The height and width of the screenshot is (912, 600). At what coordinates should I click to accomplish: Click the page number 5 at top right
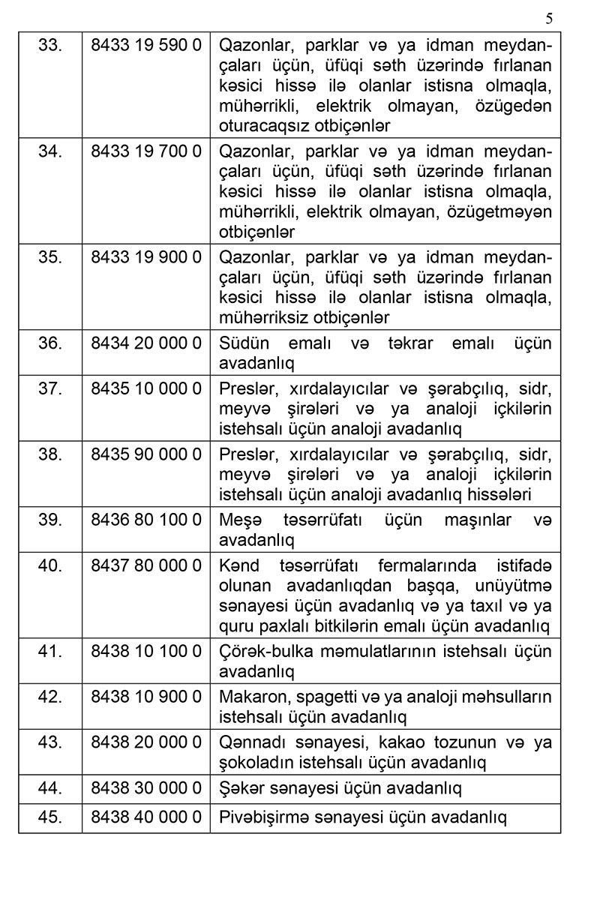coord(549,19)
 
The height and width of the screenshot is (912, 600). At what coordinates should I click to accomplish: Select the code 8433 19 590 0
coord(146,44)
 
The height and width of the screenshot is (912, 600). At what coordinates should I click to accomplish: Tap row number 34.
coord(50,151)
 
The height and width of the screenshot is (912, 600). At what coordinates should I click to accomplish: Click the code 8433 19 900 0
coord(146,256)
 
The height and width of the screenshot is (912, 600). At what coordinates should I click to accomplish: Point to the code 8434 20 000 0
coord(146,343)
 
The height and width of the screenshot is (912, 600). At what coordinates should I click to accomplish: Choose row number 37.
coord(50,388)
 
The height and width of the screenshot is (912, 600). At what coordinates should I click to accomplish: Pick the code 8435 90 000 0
coord(146,454)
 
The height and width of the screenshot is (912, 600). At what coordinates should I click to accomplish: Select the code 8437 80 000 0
coord(146,565)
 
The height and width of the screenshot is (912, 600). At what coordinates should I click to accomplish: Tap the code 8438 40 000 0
coord(146,817)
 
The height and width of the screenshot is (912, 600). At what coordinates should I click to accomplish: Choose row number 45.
coord(50,817)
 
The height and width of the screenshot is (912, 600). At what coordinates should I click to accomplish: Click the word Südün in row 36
coord(240,343)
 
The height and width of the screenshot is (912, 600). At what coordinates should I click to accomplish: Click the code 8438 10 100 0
coord(146,651)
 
